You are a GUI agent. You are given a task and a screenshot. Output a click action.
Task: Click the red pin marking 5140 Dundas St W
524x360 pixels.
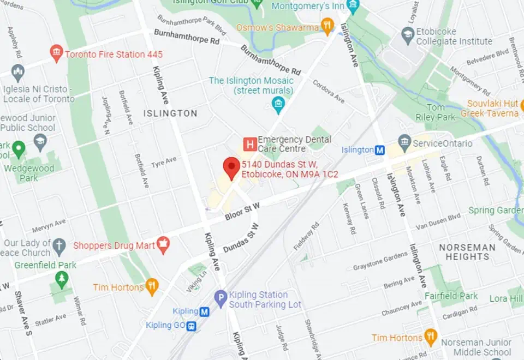click(x=232, y=167)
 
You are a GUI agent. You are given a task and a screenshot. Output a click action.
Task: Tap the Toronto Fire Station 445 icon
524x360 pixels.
click(x=56, y=53)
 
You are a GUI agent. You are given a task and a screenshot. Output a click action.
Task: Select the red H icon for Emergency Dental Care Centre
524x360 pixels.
click(x=249, y=145)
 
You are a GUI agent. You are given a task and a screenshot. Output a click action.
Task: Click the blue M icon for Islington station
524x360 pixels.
click(x=380, y=149)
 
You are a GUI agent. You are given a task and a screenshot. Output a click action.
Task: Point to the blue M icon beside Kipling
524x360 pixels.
click(x=205, y=311)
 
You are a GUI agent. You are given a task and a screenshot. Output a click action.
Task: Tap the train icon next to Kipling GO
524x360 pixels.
click(x=192, y=326)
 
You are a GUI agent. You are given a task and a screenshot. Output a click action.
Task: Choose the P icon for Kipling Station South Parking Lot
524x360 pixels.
click(x=221, y=298)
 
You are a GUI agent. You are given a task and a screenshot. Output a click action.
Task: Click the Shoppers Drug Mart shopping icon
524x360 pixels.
click(x=163, y=245)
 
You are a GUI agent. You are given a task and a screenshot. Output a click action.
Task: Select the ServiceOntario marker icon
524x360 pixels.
click(x=404, y=143)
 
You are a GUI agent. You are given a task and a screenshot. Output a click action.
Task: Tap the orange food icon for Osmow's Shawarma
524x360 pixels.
click(x=327, y=26)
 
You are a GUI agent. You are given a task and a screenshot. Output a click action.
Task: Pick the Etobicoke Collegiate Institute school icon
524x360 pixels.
click(x=407, y=36)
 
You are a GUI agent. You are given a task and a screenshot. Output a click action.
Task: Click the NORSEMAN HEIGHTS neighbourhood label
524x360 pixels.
click(x=467, y=251)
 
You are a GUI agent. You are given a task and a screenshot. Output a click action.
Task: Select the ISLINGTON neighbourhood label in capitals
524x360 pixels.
click(x=170, y=113)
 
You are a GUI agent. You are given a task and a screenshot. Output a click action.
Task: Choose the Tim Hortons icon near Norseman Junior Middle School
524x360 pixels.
click(x=431, y=337)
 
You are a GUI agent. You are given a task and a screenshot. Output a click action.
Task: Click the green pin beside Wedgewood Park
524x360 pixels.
click(x=19, y=148)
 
